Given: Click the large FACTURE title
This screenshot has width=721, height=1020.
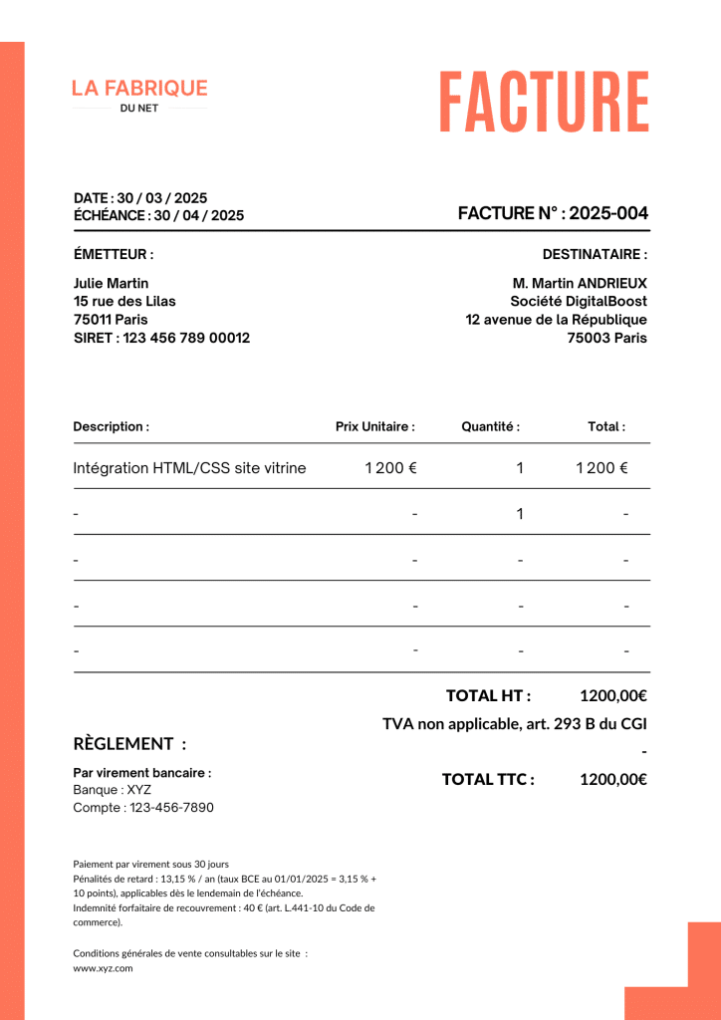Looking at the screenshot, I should point(544,102).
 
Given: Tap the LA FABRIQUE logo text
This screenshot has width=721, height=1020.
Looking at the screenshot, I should point(139,89).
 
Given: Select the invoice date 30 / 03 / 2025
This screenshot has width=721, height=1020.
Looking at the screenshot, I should point(162,198).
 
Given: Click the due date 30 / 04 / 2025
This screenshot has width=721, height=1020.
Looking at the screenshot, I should point(198,215).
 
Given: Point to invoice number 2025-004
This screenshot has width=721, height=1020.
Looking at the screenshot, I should point(608,213).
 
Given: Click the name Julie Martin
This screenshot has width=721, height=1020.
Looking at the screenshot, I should point(112,283).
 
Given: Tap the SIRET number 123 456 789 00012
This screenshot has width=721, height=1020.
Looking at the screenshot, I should point(186,338).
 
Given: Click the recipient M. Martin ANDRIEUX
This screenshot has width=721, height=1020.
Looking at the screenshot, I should point(580,283).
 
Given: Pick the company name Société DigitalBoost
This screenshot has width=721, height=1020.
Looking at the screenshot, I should point(579,301).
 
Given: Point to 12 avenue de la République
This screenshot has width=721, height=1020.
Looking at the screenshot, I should point(556,320).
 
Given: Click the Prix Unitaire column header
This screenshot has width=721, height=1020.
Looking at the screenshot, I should point(374,426).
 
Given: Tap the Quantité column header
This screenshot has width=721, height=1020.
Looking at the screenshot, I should point(490,426).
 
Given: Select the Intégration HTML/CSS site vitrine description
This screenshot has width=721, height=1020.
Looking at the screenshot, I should point(190,468).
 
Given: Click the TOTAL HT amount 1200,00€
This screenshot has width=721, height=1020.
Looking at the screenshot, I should point(613,695).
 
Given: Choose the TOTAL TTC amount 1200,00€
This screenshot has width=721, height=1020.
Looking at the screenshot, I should point(613,779).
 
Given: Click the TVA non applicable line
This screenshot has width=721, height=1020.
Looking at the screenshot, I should point(515,724).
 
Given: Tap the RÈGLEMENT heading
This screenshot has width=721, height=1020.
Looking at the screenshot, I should point(129,744).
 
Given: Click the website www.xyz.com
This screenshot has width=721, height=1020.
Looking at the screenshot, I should point(103,967).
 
